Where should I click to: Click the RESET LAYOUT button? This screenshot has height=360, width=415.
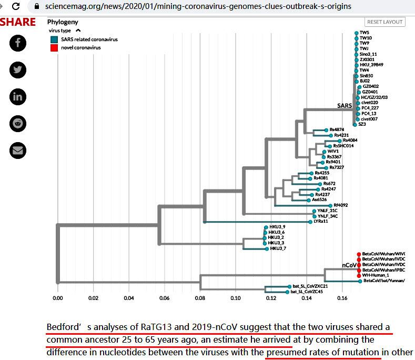click(x=385, y=22)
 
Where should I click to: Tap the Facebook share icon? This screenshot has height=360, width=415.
click(x=18, y=43)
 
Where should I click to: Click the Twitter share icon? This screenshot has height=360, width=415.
click(x=18, y=70)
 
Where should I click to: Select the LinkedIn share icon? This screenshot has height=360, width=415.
click(x=18, y=96)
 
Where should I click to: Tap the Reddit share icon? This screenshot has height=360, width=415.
click(x=18, y=123)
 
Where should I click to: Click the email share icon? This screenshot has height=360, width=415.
click(x=18, y=150)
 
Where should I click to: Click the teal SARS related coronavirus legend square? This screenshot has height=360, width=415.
click(x=54, y=39)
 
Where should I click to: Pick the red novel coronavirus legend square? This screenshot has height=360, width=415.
click(x=54, y=47)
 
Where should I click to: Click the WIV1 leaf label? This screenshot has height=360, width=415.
click(x=333, y=152)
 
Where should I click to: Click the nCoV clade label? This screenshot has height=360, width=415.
click(x=349, y=265)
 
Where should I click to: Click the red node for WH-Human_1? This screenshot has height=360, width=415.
click(x=359, y=275)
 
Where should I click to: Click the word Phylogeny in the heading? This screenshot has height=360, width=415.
click(x=64, y=22)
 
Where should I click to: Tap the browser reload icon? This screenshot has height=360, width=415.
click(x=16, y=7)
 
